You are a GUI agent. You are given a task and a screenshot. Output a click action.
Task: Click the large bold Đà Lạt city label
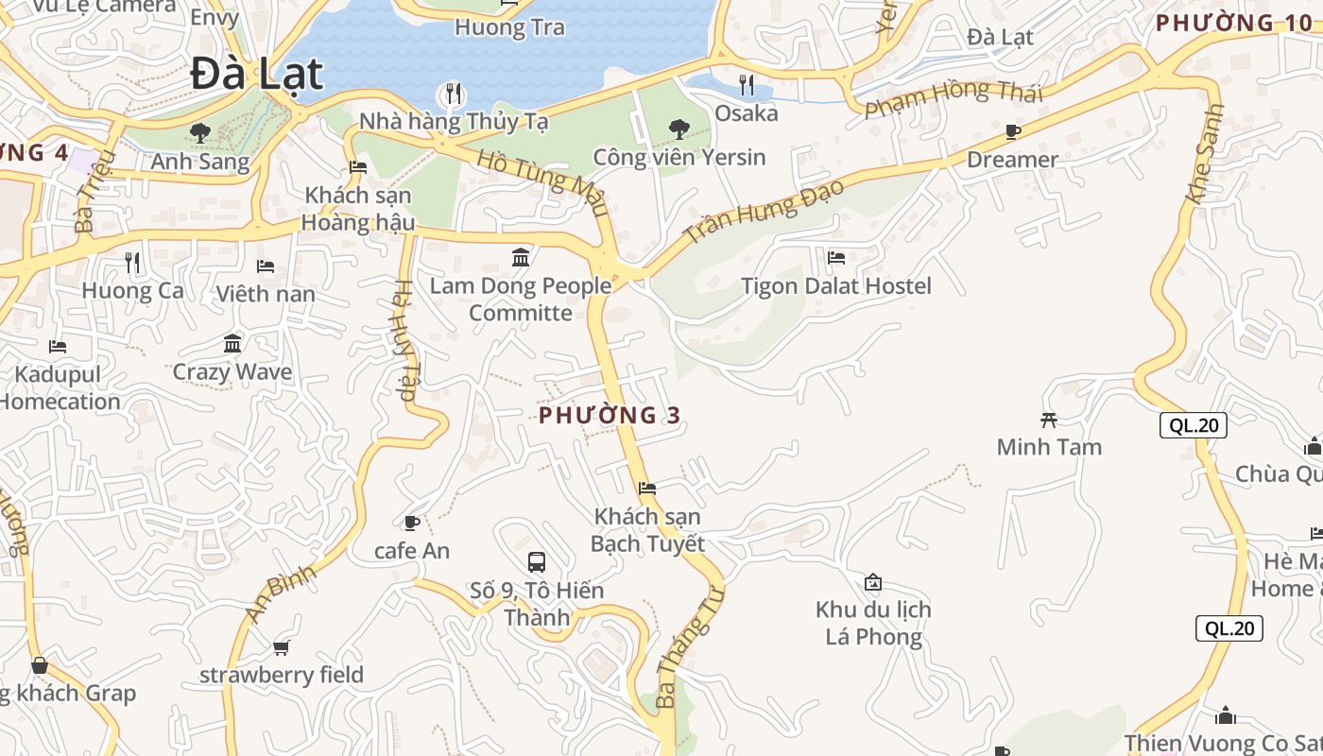coord(256,74)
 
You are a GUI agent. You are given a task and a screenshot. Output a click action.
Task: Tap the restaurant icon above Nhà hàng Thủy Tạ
coord(454,93)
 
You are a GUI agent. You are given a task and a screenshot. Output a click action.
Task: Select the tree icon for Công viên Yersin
coord(679,129)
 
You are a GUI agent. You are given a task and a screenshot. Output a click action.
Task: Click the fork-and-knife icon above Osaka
coord(747,86)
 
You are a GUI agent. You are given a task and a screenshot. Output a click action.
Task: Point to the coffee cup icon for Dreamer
coord(1013,131)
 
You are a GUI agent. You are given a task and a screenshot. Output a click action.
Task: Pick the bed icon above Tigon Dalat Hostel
coord(836,258)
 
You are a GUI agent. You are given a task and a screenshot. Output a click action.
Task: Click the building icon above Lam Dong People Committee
coord(521,257)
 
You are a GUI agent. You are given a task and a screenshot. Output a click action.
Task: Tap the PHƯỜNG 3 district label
coord(610,415)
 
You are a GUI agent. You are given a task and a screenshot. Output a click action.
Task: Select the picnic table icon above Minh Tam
coord(1049,420)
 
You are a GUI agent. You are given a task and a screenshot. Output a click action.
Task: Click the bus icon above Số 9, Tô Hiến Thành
coord(537,562)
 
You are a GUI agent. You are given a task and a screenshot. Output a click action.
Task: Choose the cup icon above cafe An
coord(412,523)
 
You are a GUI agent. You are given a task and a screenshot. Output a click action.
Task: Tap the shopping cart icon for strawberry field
coord(281,647)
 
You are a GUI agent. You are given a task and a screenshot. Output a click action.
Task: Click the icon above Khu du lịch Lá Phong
coord(873,582)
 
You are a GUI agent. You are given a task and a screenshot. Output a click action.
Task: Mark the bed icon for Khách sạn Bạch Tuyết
coord(647,489)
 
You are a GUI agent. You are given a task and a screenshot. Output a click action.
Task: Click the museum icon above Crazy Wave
coord(232,343)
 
